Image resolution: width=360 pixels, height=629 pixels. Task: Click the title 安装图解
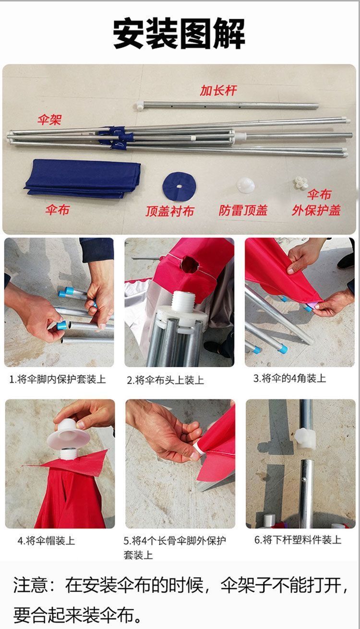(179, 34)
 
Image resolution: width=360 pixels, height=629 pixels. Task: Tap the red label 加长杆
(218, 90)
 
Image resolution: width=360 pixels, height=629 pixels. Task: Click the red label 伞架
(49, 119)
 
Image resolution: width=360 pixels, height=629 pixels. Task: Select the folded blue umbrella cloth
(83, 177)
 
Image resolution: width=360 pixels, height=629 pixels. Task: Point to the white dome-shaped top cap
(245, 185)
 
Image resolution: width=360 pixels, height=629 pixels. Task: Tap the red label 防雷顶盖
(243, 210)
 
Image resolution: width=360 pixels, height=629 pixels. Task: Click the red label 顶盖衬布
(170, 211)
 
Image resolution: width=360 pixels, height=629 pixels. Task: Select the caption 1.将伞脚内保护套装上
(58, 380)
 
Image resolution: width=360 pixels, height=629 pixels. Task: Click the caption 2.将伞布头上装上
(165, 380)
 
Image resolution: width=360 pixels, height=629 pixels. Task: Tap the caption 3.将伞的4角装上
(289, 379)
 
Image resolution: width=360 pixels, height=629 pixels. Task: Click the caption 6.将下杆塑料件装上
(298, 540)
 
